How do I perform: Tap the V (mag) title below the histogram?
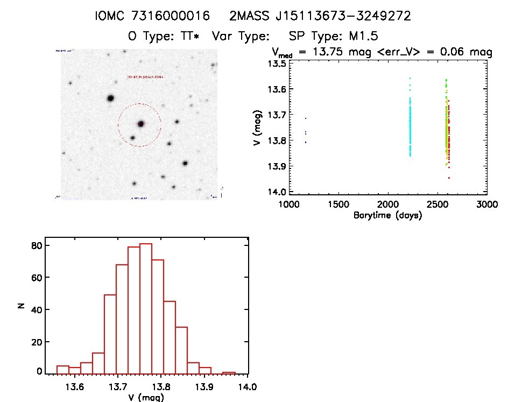click(x=145, y=398)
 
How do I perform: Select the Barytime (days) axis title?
click(x=387, y=215)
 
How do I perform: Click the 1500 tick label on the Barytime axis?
click(x=337, y=204)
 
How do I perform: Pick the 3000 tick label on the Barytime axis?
click(x=486, y=204)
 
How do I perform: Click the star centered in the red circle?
click(x=140, y=124)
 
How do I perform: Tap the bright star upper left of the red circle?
click(x=110, y=98)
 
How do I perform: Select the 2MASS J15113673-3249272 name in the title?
click(x=320, y=16)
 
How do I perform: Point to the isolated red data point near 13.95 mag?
click(x=449, y=178)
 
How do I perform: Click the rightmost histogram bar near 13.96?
click(x=229, y=373)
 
